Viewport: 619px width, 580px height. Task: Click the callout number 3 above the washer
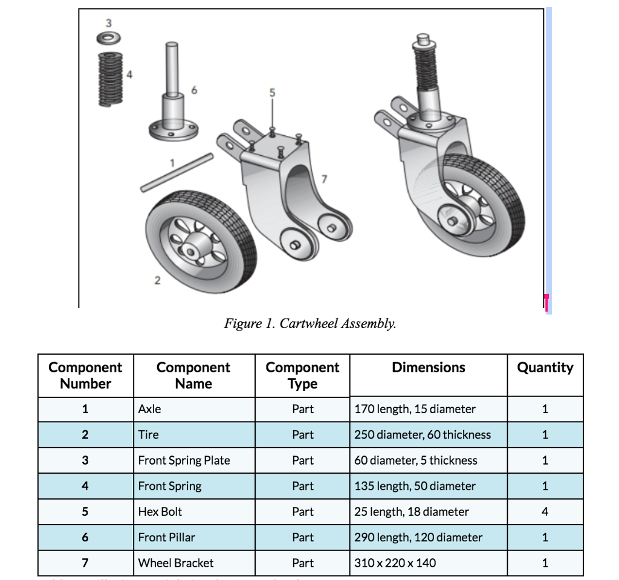pos(109,23)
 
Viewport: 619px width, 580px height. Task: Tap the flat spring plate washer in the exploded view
pos(109,39)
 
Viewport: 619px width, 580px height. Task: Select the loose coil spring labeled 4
pos(110,79)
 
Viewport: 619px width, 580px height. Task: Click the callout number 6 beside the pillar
pos(193,90)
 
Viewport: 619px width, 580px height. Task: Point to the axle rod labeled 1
pos(177,172)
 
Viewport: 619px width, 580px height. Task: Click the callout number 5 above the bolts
pos(272,92)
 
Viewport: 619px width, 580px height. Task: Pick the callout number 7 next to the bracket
pos(324,178)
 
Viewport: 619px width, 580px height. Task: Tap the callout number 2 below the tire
pos(157,280)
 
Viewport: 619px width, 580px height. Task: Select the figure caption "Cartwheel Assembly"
pos(310,323)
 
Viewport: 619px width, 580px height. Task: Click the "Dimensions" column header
pos(428,367)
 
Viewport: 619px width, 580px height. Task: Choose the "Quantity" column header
pos(545,367)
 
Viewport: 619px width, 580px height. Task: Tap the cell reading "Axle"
pos(150,409)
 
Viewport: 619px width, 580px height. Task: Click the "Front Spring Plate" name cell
pos(184,460)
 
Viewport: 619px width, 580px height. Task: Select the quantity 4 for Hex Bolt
pos(545,512)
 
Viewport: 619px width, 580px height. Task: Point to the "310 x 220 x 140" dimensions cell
pos(395,563)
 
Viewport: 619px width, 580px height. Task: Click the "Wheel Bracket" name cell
pos(175,563)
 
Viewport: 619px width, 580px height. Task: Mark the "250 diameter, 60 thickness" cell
pos(423,434)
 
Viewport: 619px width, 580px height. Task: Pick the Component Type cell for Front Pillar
pos(302,537)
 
